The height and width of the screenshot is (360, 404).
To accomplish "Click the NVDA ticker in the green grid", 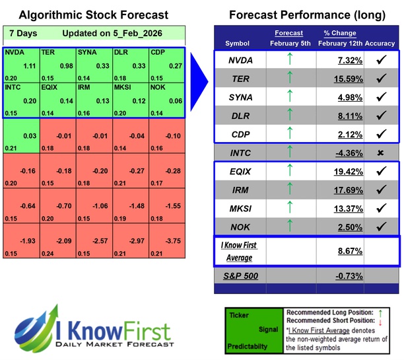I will pos(15,52).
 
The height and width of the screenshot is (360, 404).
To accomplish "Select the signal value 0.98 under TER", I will pos(67,65).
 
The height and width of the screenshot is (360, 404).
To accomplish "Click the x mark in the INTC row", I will pos(380,153).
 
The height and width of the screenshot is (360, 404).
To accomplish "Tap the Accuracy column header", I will pos(380,43).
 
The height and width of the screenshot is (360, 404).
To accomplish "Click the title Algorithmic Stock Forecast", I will pos(93,15).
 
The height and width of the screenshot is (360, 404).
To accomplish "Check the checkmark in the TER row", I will pos(380,79).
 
